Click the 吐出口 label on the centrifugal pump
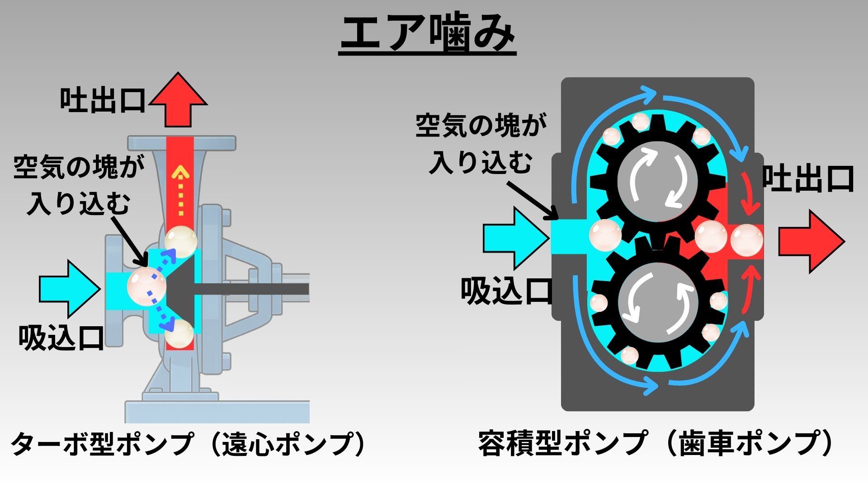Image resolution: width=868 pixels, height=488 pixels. (x=103, y=100)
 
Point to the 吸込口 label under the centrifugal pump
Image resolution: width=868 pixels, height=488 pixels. (x=61, y=338)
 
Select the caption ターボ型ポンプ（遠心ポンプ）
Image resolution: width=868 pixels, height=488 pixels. (x=188, y=444)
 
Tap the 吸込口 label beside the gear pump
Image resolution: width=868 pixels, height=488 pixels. (x=506, y=291)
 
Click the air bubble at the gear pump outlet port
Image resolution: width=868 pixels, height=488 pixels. (x=746, y=240)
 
